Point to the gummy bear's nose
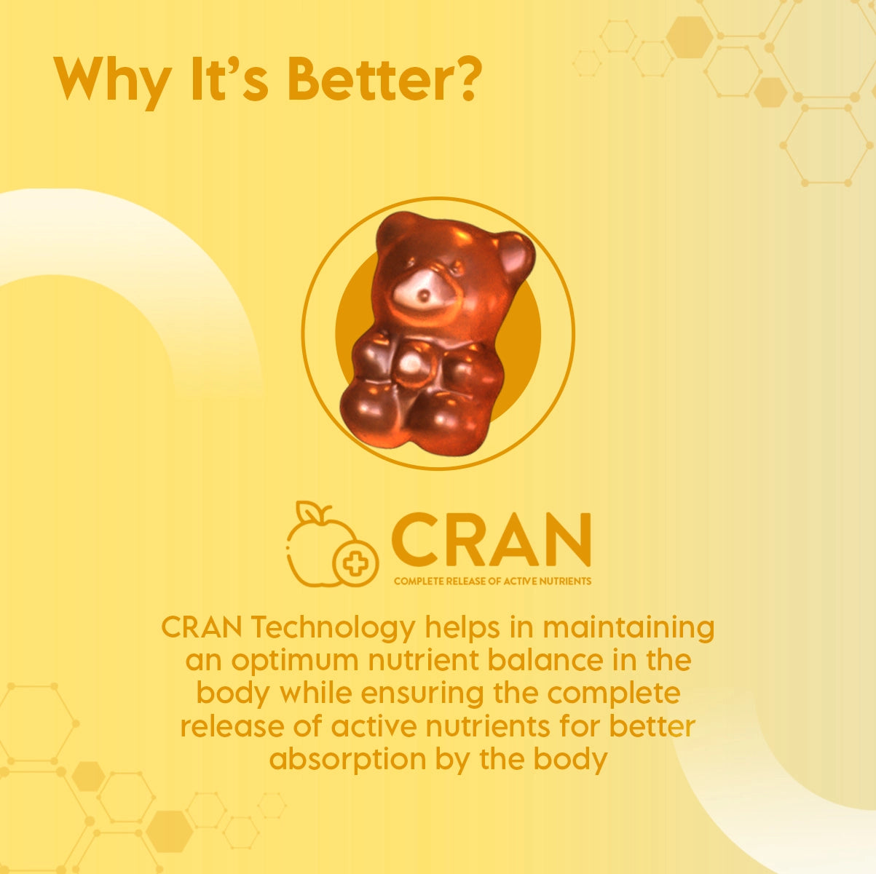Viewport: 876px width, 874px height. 424,295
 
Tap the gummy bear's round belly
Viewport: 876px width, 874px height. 414,367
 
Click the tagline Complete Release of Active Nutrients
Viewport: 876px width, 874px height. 493,581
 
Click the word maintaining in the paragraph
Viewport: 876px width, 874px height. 628,627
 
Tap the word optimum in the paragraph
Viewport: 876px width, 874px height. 295,662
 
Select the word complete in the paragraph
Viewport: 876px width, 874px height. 614,695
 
